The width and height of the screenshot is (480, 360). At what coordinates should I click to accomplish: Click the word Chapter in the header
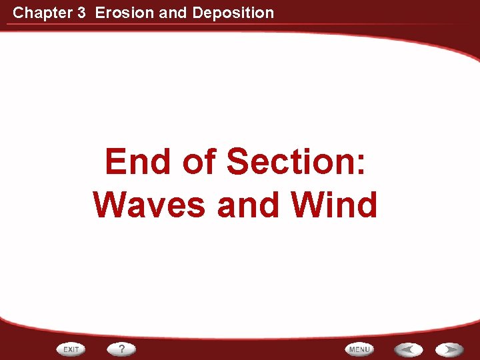click(39, 13)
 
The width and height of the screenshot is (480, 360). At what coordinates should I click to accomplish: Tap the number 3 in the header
click(81, 13)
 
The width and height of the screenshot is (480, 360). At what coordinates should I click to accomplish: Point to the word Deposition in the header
click(232, 13)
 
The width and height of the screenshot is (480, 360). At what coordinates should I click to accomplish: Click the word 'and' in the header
click(173, 13)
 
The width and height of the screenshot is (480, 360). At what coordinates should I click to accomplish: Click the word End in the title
click(137, 162)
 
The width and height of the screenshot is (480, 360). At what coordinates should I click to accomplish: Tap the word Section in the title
click(289, 162)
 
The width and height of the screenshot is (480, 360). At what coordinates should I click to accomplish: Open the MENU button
click(359, 349)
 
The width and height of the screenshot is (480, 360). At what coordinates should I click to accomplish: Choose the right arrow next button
click(450, 349)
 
